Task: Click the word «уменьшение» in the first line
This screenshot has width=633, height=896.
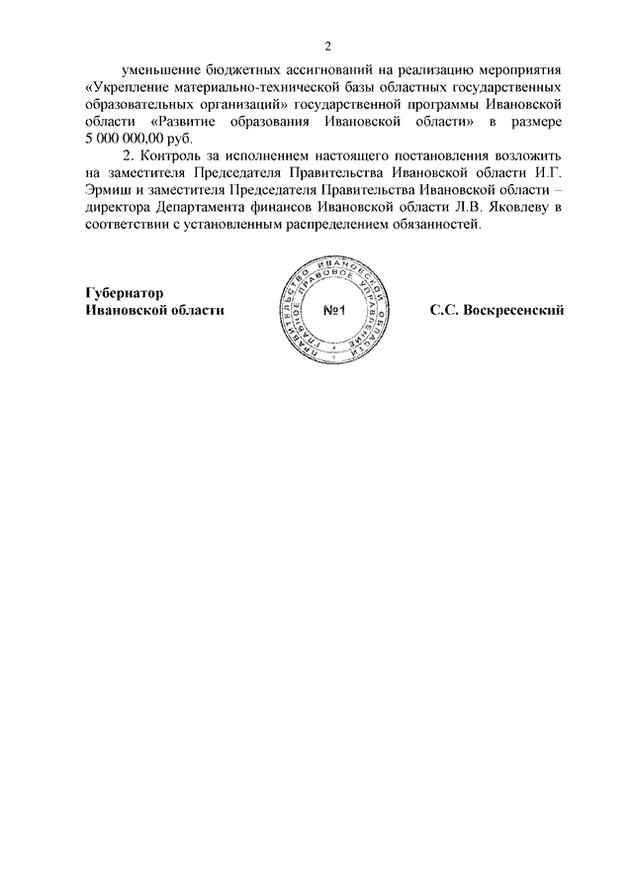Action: click(x=159, y=71)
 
